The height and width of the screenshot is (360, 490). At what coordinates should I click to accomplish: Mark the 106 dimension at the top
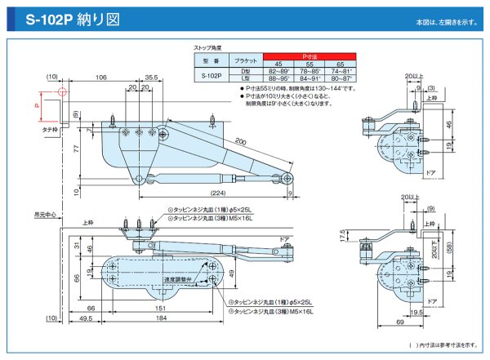click(x=101, y=78)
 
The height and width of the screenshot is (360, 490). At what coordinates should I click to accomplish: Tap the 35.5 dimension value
click(x=151, y=78)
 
